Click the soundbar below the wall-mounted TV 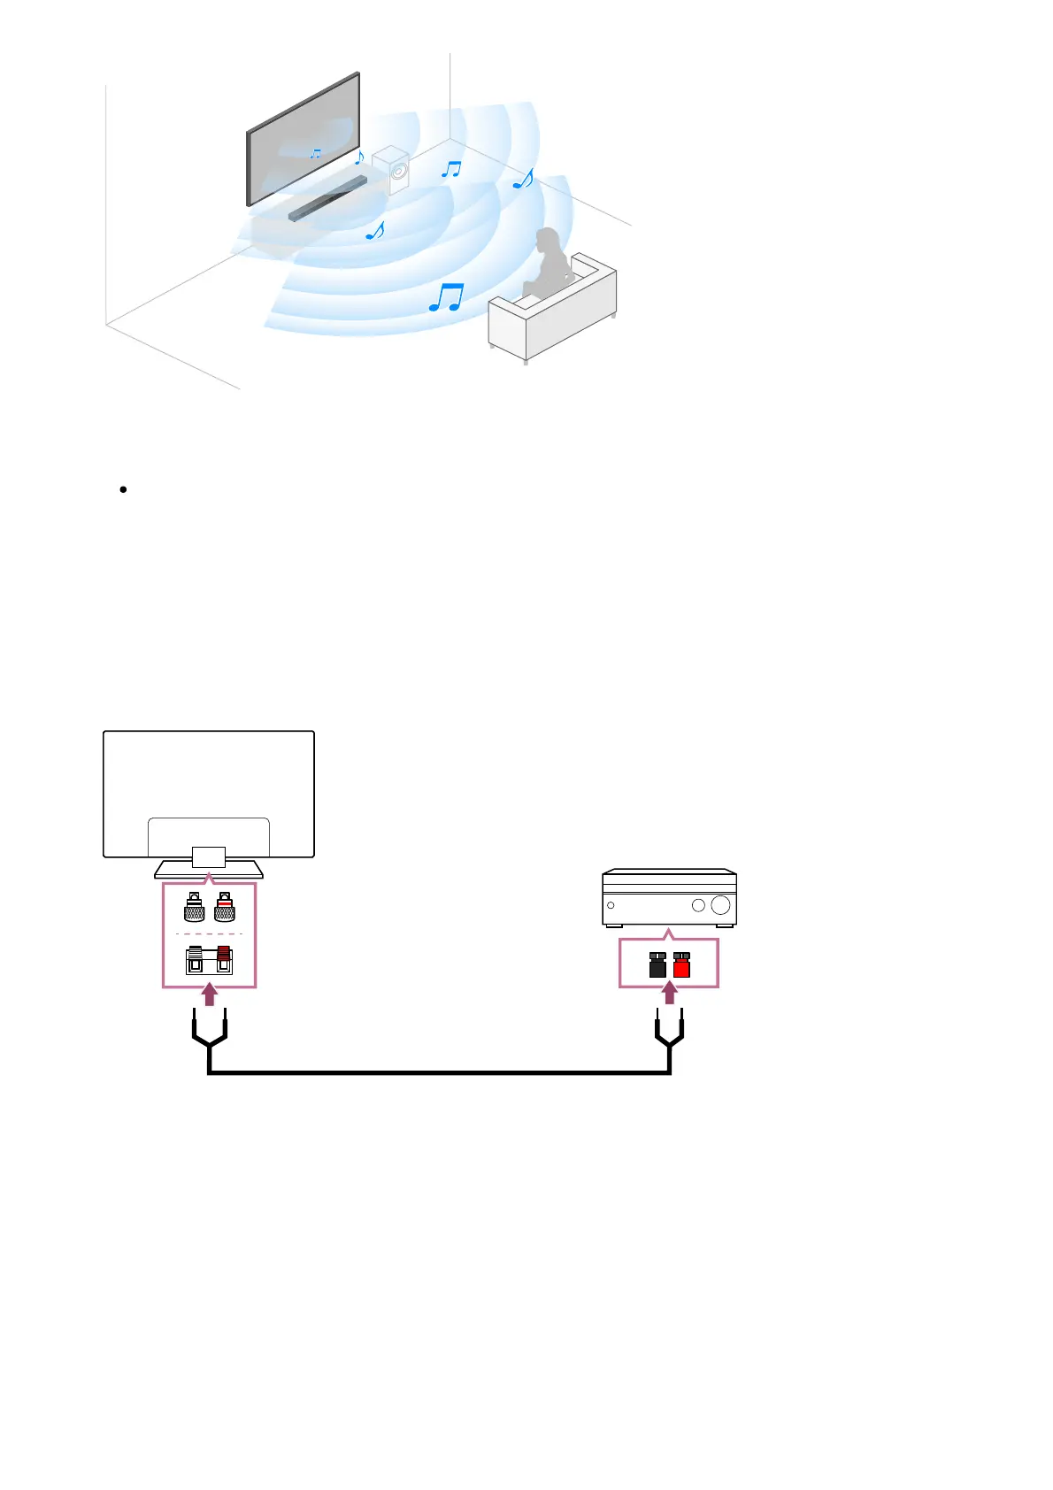coord(327,199)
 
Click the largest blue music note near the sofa coord(446,297)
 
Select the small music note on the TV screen coord(315,154)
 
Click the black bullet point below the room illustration coord(123,489)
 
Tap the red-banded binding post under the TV coord(225,908)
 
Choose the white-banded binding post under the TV coord(194,908)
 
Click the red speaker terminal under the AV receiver coord(681,964)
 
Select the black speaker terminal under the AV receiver coord(657,964)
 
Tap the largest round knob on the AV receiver coord(720,905)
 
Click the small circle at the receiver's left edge coord(611,905)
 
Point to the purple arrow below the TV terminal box coord(209,995)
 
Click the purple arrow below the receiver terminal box coord(670,994)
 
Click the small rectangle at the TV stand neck coord(209,856)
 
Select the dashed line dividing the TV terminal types coord(209,933)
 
